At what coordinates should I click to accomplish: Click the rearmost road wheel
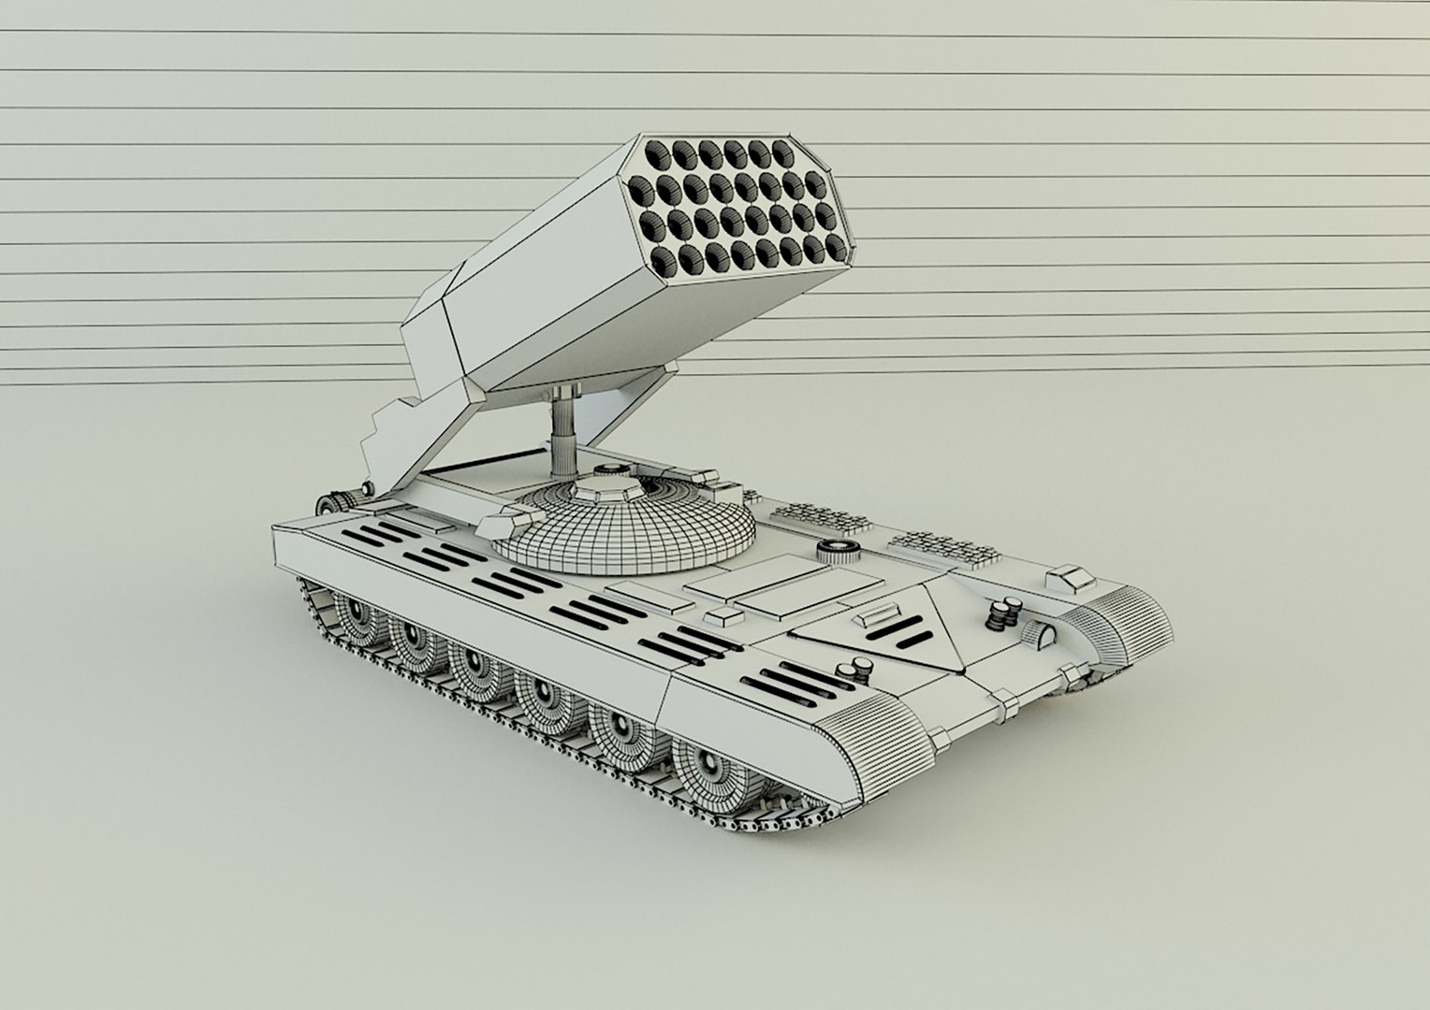(x=353, y=617)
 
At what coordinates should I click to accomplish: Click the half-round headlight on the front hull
(x=1039, y=635)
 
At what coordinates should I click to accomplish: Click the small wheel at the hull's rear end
(x=328, y=502)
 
